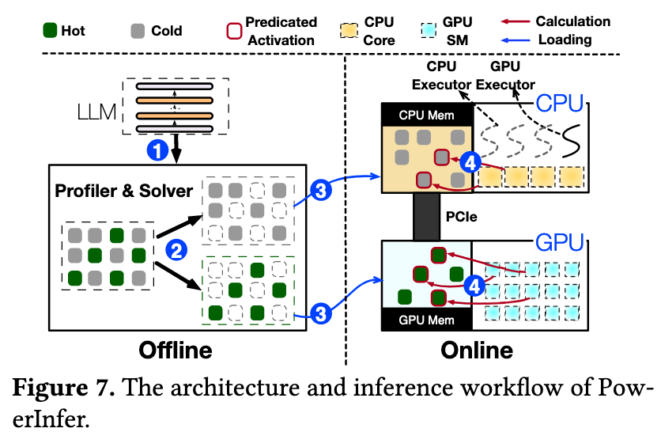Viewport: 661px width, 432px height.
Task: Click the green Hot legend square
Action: tap(50, 31)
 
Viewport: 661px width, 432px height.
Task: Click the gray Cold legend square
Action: tap(138, 31)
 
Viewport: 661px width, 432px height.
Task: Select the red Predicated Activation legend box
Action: tap(234, 31)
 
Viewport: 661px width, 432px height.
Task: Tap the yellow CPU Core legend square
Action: tap(349, 31)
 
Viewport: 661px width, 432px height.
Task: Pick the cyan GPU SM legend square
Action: tap(429, 31)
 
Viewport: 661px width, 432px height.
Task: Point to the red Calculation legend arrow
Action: tap(516, 21)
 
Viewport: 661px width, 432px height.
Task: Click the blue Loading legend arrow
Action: tap(516, 40)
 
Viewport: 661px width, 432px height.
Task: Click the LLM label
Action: tap(96, 112)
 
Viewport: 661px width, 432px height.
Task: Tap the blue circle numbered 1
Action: tap(157, 150)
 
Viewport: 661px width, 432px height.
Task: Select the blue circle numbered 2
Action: tap(176, 250)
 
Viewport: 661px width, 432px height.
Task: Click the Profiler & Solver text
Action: tap(123, 191)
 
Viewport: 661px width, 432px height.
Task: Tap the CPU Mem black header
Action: tap(427, 115)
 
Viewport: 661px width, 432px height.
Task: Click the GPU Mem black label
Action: tap(427, 320)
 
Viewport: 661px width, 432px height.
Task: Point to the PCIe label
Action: tap(462, 217)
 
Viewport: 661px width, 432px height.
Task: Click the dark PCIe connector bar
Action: tap(426, 217)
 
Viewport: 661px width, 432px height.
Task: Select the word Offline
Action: tap(176, 351)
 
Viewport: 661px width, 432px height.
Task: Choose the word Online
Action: tap(477, 351)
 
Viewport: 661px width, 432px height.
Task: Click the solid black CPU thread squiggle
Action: tap(572, 141)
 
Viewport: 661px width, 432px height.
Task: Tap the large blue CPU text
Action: tap(560, 104)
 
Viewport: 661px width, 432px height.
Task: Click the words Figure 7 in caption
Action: tap(64, 387)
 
